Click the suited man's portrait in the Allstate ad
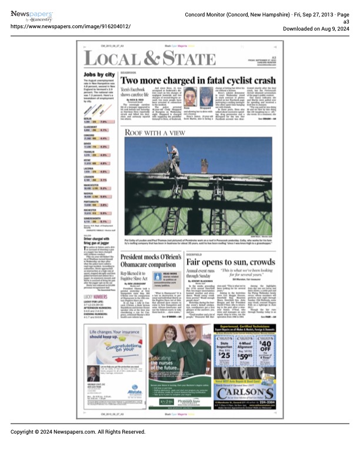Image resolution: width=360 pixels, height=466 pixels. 94,374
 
